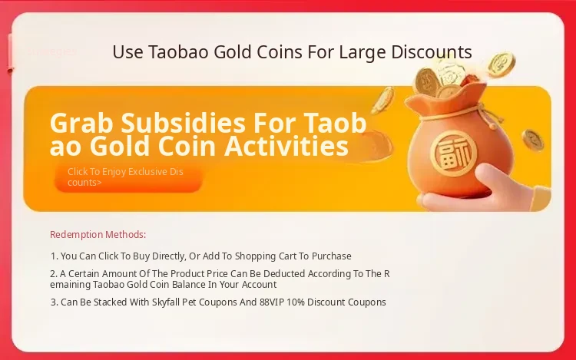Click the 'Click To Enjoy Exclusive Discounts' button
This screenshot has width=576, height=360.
point(128,177)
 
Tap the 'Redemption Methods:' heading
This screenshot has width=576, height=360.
point(98,234)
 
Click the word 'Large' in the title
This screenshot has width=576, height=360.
point(362,51)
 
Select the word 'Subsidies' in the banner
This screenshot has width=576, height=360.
point(184,123)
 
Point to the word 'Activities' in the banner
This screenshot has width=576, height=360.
point(286,146)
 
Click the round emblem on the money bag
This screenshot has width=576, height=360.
point(454,154)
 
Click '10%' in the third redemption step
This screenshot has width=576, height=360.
point(296,302)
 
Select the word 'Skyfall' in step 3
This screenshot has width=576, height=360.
point(166,302)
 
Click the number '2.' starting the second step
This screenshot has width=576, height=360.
point(54,274)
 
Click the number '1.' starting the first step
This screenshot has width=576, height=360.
point(54,256)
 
